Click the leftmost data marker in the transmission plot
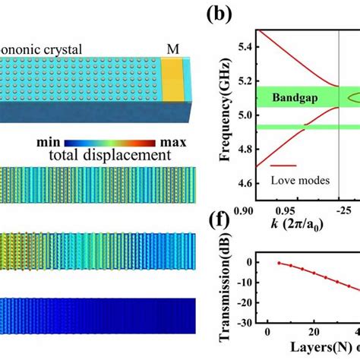(279, 263)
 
